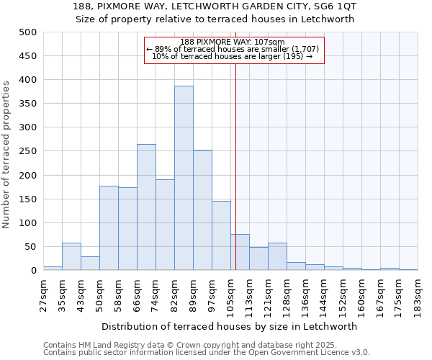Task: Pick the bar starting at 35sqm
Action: click(71, 256)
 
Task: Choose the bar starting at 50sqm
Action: click(109, 228)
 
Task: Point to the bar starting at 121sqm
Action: click(277, 256)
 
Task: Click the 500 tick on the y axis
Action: click(28, 32)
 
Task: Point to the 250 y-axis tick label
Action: click(28, 151)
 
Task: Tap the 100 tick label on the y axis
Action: click(28, 223)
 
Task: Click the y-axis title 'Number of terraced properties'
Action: click(7, 155)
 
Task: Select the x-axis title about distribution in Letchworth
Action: click(230, 326)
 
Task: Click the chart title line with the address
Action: click(215, 6)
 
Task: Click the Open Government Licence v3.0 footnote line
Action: click(207, 353)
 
